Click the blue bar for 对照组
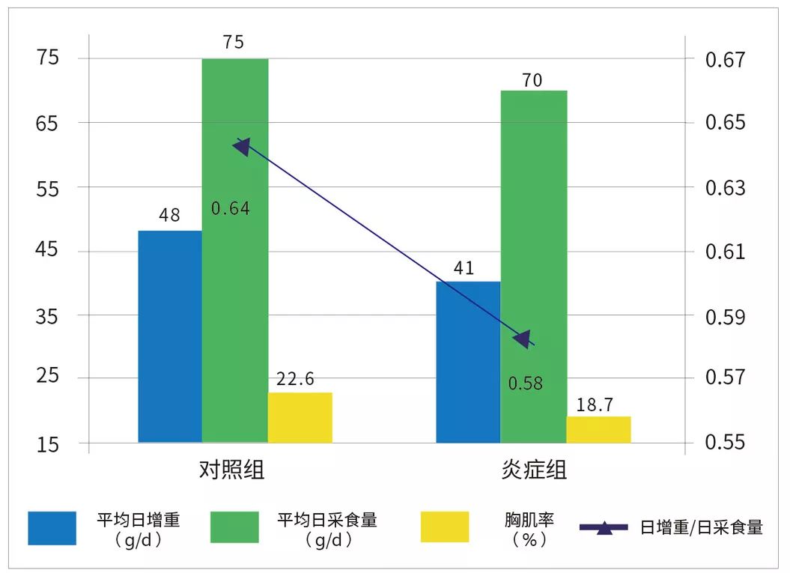(170, 336)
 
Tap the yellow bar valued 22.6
(300, 417)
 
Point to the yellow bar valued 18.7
(598, 429)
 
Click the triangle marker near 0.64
(242, 146)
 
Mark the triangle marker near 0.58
(521, 339)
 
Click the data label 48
(170, 215)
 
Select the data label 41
(464, 267)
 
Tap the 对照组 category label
(232, 470)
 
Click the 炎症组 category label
(534, 470)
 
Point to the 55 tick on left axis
(47, 187)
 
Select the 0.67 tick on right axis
(726, 58)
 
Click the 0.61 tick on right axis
(726, 252)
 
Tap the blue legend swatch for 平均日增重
(52, 527)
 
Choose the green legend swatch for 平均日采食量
(234, 527)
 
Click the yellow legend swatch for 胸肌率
(445, 527)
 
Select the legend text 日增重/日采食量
(701, 527)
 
